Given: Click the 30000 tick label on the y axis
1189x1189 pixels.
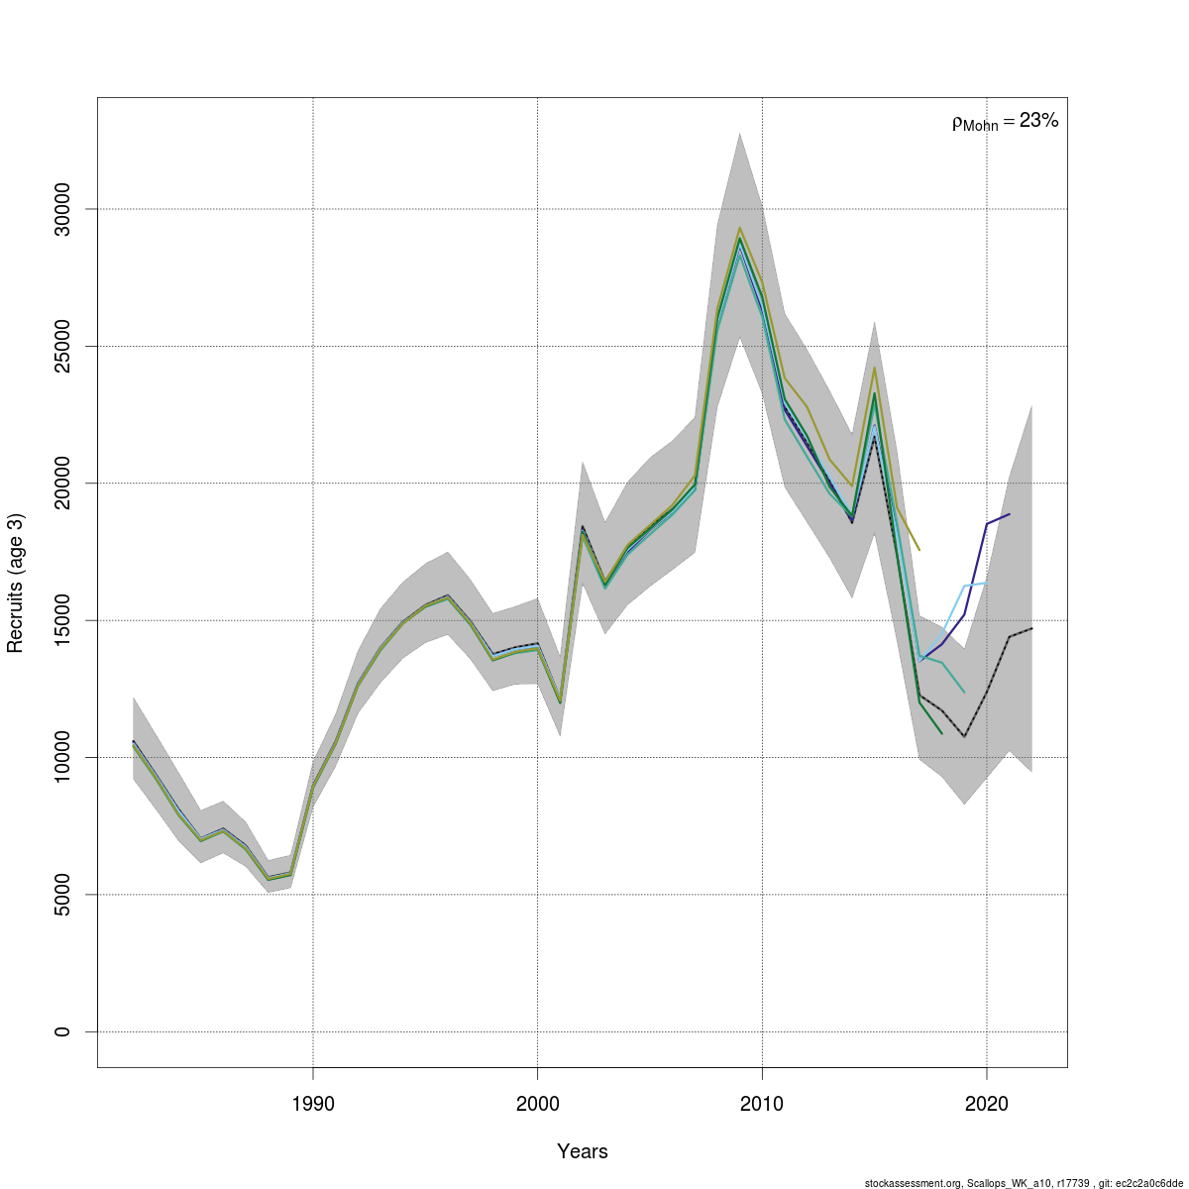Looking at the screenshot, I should click(62, 209).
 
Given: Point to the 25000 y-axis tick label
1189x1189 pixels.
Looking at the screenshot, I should click(62, 346).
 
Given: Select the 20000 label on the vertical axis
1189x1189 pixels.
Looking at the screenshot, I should click(62, 483).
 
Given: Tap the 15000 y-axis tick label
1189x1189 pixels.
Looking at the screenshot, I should click(62, 620).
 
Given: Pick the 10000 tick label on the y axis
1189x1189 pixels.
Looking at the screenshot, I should click(62, 757).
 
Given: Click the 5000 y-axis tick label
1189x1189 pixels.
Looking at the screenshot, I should click(62, 895).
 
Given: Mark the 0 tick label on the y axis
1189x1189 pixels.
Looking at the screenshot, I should click(62, 1031).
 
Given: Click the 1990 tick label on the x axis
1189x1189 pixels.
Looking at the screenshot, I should click(313, 1104).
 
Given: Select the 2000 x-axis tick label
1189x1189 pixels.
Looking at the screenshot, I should click(537, 1104).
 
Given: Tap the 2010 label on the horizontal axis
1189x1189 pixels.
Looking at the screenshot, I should click(762, 1104).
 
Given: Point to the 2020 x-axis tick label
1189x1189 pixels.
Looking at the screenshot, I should click(987, 1104).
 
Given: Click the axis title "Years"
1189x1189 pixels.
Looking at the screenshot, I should click(583, 1151).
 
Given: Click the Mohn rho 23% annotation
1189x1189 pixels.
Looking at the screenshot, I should click(1005, 122).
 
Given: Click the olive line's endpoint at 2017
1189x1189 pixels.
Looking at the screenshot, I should click(919, 550).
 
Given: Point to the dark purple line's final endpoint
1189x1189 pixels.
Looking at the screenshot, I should click(1010, 514).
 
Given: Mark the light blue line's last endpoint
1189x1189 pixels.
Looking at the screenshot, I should click(987, 584).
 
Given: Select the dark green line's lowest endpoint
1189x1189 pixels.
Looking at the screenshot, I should click(941, 733).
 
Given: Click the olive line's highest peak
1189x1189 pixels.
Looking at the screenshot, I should click(739, 228).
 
